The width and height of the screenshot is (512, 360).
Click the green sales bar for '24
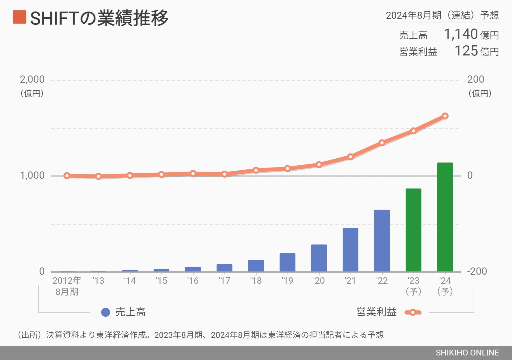[445, 217]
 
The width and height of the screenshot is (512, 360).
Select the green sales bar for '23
[413, 230]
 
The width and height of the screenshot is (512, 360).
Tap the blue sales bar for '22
[382, 241]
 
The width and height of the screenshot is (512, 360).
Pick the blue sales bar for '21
[350, 250]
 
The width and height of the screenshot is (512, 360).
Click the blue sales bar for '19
[287, 262]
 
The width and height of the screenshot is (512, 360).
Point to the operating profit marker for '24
[445, 116]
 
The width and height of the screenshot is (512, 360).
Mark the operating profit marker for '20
[319, 165]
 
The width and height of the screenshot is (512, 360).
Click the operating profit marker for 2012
[67, 176]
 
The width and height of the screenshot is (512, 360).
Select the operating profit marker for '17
[225, 174]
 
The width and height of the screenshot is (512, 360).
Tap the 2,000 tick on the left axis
[32, 79]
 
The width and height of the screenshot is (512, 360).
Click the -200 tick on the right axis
[477, 271]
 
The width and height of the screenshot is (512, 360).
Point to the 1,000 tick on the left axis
[32, 175]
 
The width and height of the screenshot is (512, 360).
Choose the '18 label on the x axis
[256, 281]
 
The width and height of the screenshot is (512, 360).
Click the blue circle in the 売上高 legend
[106, 312]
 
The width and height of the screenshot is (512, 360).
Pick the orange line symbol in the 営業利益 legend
[413, 312]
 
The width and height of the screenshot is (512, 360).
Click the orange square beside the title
[19, 17]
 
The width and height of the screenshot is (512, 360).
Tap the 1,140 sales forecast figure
[461, 34]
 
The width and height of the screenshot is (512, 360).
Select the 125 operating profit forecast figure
[466, 51]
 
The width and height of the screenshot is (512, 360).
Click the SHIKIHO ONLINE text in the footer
[467, 353]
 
